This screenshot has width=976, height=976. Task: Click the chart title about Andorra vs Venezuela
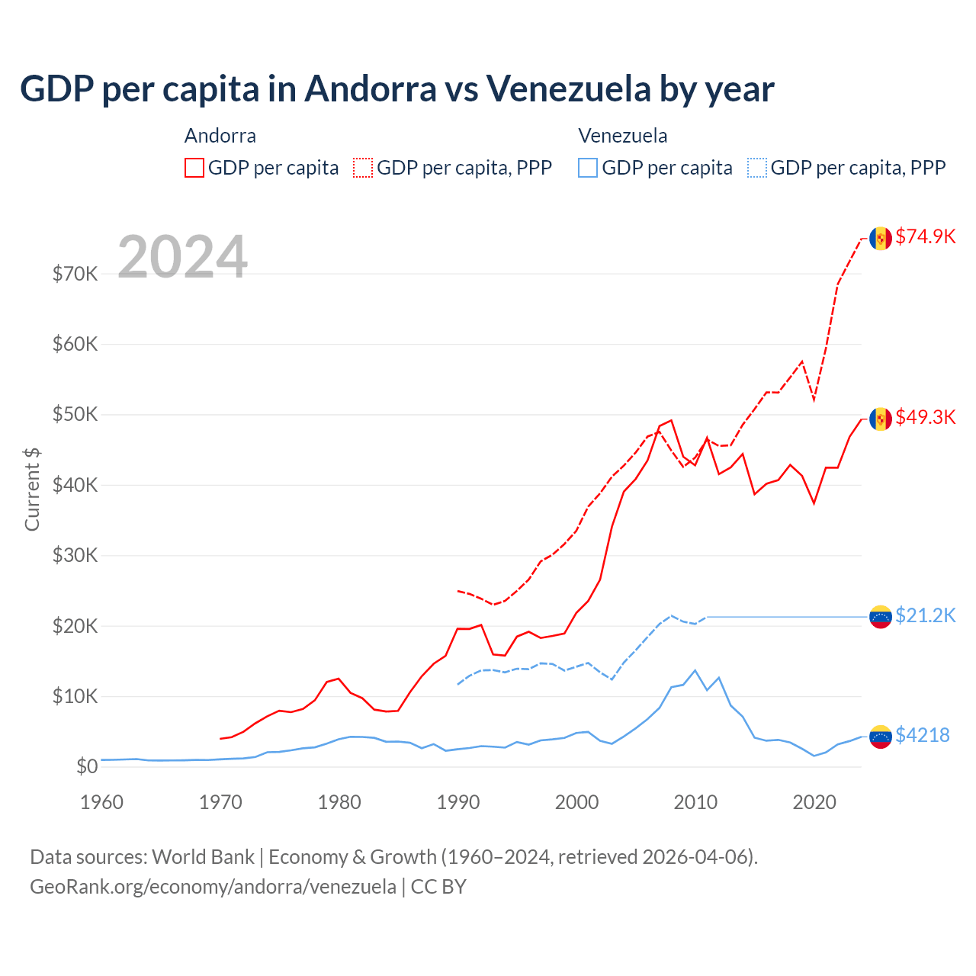pyautogui.click(x=396, y=89)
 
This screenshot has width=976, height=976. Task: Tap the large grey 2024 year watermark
pyautogui.click(x=182, y=257)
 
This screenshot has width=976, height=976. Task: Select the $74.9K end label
pyautogui.click(x=925, y=236)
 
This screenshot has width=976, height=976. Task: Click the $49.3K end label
pyautogui.click(x=925, y=417)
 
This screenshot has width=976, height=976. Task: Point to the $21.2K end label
pyautogui.click(x=925, y=615)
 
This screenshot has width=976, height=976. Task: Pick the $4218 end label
pyautogui.click(x=922, y=735)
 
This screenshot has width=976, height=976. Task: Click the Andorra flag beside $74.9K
pyautogui.click(x=881, y=238)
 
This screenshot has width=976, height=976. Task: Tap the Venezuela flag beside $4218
pyautogui.click(x=881, y=737)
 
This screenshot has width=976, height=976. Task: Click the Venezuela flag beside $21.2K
pyautogui.click(x=881, y=616)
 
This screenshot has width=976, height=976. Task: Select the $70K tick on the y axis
pyautogui.click(x=75, y=274)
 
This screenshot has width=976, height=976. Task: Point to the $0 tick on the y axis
pyautogui.click(x=87, y=766)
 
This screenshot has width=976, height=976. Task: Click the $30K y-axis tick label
pyautogui.click(x=75, y=555)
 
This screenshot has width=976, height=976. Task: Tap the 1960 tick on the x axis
pyautogui.click(x=101, y=802)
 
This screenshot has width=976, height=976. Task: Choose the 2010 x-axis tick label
pyautogui.click(x=695, y=802)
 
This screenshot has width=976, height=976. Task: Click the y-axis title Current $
pyautogui.click(x=32, y=490)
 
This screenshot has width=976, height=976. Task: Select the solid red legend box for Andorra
pyautogui.click(x=194, y=168)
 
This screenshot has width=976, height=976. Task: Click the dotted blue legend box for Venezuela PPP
pyautogui.click(x=757, y=168)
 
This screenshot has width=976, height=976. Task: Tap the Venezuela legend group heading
pyautogui.click(x=622, y=136)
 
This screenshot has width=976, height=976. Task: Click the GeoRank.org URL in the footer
pyautogui.click(x=213, y=887)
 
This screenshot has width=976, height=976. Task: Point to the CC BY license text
pyautogui.click(x=438, y=887)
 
